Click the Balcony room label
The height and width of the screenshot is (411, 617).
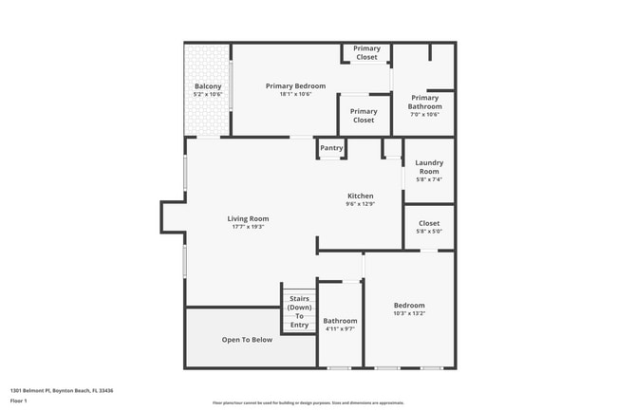click(207, 86)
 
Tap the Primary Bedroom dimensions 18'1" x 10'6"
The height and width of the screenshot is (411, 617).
click(295, 95)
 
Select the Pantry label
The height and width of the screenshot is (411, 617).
click(331, 148)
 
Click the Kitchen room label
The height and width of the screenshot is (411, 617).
click(360, 196)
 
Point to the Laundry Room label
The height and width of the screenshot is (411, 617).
click(429, 166)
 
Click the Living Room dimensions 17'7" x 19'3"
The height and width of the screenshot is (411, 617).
click(248, 227)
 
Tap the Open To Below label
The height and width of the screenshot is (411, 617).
click(247, 339)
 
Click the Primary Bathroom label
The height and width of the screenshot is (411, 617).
click(425, 102)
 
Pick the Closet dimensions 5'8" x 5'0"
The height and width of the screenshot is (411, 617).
click(429, 232)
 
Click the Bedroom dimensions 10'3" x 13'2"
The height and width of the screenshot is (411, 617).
click(409, 313)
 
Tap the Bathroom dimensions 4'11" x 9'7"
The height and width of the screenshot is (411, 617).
click(340, 329)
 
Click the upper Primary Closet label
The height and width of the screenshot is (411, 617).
click(366, 52)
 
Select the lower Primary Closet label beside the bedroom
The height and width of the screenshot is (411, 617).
click(364, 116)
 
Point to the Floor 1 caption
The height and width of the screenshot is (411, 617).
click(19, 400)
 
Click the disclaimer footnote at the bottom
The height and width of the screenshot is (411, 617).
click(308, 402)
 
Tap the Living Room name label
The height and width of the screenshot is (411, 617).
click(248, 218)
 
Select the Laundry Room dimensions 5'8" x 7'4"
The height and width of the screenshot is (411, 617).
click(429, 179)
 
